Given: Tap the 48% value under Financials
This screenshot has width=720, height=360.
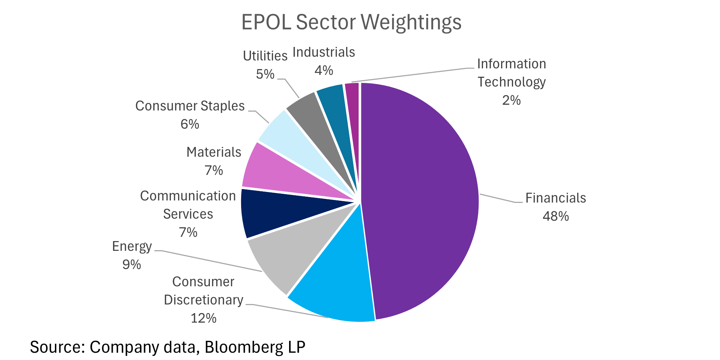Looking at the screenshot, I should [555, 216].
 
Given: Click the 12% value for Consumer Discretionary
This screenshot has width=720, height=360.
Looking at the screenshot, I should [203, 318].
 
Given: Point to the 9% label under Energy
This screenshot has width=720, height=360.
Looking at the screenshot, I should [131, 264].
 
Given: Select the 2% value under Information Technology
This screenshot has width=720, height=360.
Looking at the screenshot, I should [511, 100].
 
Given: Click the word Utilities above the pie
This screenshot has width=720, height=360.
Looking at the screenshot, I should [265, 56].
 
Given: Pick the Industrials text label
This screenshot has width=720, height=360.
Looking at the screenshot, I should [324, 52].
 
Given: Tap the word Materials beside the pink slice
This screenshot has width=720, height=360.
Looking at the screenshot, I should [214, 152].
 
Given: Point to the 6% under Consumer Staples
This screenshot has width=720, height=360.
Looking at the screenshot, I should [189, 124].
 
